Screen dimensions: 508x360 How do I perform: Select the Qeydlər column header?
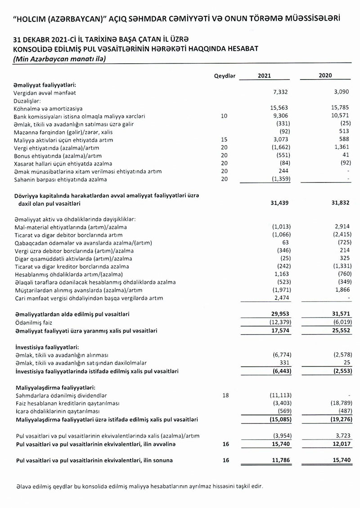[x=225, y=76]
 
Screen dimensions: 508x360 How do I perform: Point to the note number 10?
[x=225, y=116]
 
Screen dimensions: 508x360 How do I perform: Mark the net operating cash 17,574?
[x=279, y=330]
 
